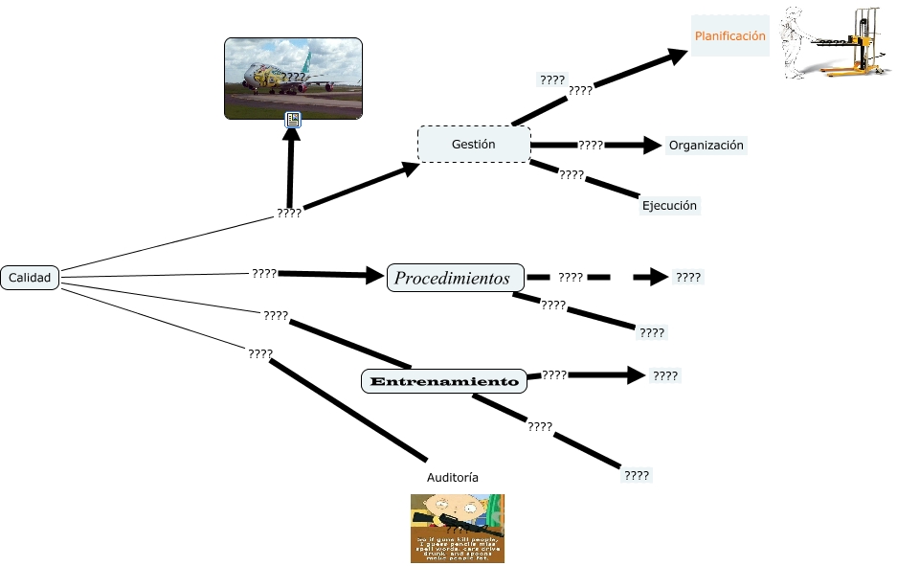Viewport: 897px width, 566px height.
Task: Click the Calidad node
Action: click(30, 277)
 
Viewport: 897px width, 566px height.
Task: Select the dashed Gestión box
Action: click(473, 145)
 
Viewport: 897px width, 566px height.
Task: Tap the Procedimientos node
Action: click(455, 279)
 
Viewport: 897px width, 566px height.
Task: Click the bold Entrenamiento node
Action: click(444, 381)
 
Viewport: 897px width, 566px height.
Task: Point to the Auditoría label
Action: click(452, 476)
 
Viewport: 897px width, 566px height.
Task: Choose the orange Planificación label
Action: click(729, 35)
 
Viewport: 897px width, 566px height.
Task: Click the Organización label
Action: click(706, 146)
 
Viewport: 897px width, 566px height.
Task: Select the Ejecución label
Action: click(670, 205)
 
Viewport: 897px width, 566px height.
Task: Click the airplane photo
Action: click(293, 79)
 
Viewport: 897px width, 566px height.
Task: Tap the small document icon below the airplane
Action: click(293, 120)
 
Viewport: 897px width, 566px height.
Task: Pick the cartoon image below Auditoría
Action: click(457, 528)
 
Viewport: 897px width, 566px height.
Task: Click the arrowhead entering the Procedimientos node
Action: click(374, 277)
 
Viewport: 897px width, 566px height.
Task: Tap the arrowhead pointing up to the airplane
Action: click(291, 136)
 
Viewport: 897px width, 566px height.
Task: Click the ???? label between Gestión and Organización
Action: click(591, 146)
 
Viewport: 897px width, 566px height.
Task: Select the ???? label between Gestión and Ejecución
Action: click(572, 175)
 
